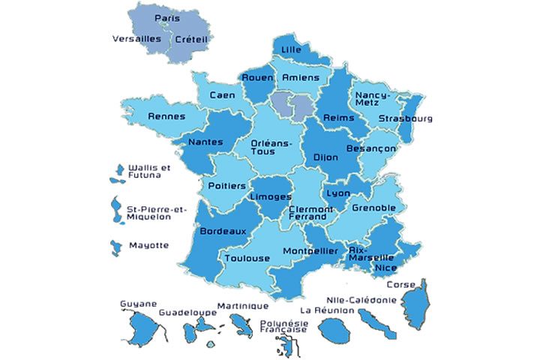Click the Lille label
coord(290,49)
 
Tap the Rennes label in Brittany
coord(166,116)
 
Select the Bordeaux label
coord(223,231)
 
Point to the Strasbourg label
coord(405,118)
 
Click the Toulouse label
coord(247,258)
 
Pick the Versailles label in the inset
coord(136,38)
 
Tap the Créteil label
coord(190,39)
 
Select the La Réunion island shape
coord(331,329)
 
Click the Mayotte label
coord(148,245)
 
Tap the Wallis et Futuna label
coord(149,171)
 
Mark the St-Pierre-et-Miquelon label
coord(148,212)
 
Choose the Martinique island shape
coord(242,325)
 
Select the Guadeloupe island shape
coord(199,327)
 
